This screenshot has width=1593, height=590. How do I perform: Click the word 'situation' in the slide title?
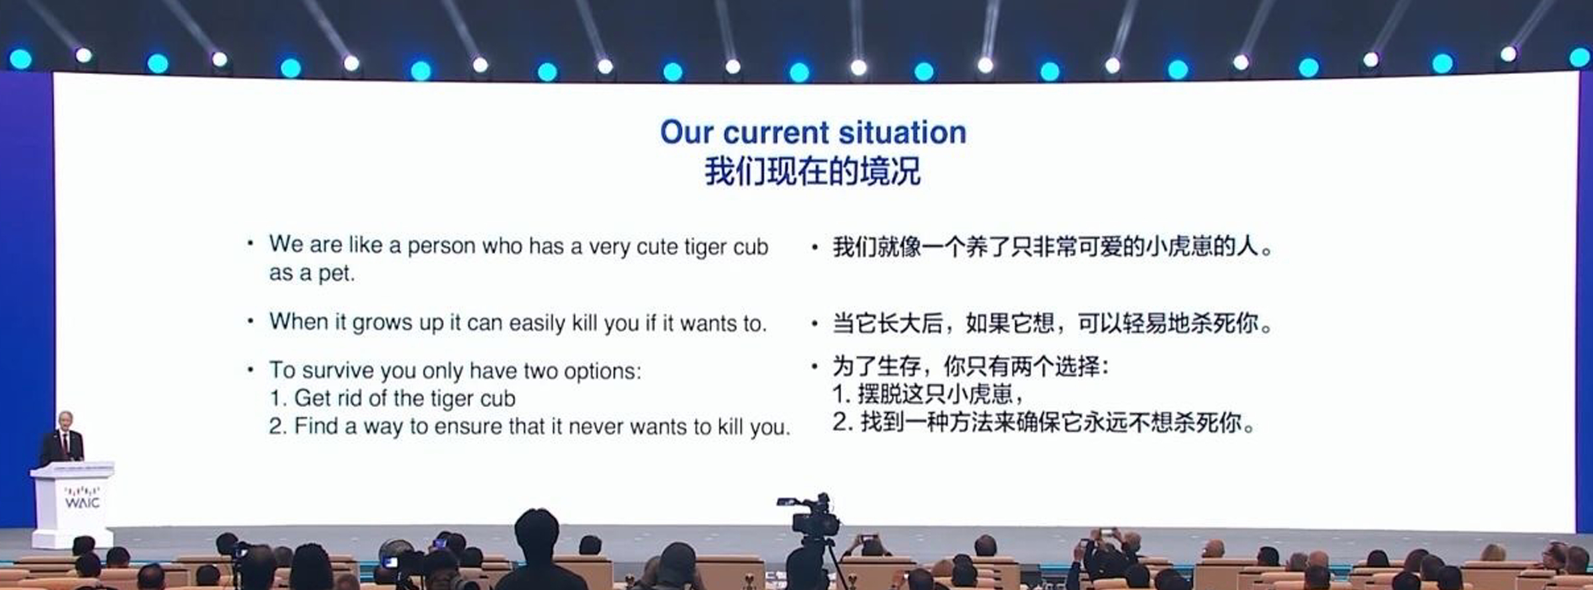[x=902, y=133]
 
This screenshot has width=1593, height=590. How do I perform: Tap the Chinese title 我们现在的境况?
[x=812, y=171]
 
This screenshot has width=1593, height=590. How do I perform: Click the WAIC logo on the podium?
[x=82, y=499]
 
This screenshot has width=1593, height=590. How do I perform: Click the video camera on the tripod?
[x=809, y=515]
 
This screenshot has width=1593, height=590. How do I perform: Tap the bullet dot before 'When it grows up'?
[x=250, y=322]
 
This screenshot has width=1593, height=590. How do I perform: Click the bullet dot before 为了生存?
[x=814, y=366]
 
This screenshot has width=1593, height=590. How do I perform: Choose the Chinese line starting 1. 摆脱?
[x=928, y=394]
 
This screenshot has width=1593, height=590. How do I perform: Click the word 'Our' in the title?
[x=687, y=133]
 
